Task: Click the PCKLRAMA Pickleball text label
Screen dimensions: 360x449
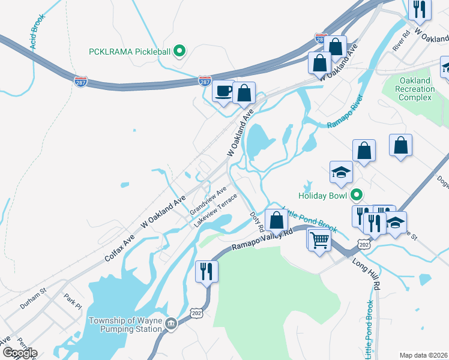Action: tap(128, 51)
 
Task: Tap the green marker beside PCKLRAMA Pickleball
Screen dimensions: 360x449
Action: tap(178, 52)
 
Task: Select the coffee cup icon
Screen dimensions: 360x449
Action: tap(224, 92)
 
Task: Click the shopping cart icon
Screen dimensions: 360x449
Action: tap(320, 240)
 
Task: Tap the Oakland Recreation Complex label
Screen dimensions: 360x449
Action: tap(415, 89)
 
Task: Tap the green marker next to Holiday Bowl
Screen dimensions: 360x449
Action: tap(357, 195)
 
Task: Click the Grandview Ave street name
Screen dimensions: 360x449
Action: tap(208, 202)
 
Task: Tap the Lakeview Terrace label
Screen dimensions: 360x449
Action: tap(215, 210)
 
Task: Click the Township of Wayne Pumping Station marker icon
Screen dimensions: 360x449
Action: tap(171, 325)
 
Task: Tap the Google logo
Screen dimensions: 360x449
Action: tap(19, 353)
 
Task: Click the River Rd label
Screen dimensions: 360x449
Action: tap(400, 40)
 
